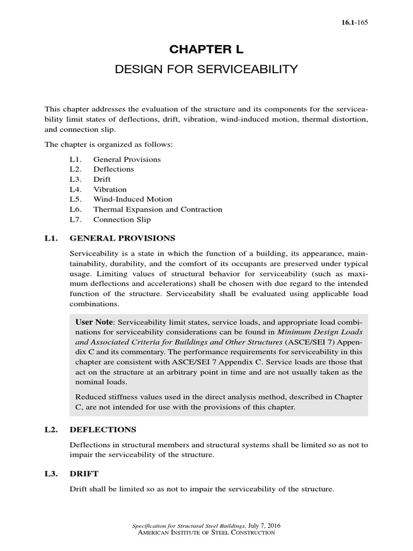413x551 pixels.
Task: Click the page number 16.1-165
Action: point(353,22)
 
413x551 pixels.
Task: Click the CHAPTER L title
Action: point(206,50)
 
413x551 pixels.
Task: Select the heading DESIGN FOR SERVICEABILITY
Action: point(206,69)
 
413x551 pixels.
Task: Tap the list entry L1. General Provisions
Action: point(127,159)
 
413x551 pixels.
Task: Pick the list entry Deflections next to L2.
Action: point(113,169)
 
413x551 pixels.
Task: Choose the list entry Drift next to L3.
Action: point(102,179)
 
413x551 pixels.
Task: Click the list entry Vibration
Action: point(110,189)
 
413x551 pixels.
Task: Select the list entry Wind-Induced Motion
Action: point(133,199)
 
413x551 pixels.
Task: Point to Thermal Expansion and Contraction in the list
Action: point(158,209)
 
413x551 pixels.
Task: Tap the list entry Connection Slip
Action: point(122,220)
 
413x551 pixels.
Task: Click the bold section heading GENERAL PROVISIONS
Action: point(123,238)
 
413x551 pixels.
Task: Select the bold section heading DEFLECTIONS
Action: point(103,429)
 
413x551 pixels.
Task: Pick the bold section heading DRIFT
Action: point(84,474)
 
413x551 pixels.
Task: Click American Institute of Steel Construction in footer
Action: point(206,532)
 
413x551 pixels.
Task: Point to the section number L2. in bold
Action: point(52,429)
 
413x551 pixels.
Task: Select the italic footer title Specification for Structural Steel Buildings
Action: point(189,525)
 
